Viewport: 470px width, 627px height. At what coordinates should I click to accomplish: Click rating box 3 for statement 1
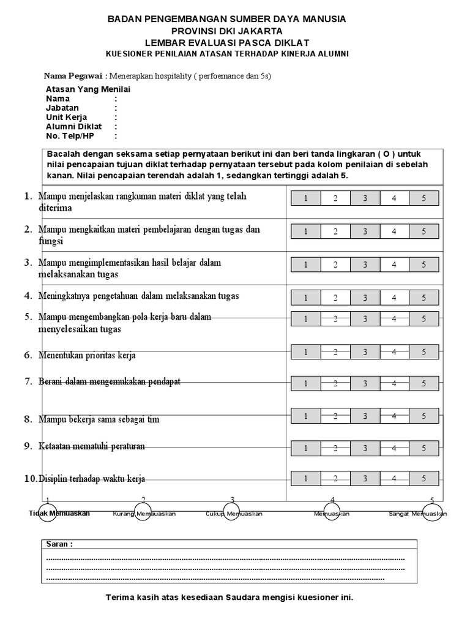(x=365, y=198)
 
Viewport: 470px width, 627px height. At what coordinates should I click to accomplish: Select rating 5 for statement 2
(x=424, y=231)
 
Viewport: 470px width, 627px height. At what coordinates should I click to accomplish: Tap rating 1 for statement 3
(x=305, y=264)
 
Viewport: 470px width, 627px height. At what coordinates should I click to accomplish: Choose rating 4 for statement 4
(x=394, y=298)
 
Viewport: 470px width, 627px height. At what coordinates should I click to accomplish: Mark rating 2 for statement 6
(x=335, y=351)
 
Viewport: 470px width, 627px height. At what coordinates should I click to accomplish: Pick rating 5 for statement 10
(x=424, y=478)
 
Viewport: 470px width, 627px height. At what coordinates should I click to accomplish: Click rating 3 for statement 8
(x=365, y=416)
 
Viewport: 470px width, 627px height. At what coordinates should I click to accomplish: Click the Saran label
(x=59, y=544)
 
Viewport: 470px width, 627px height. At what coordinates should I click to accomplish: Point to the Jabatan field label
(x=62, y=108)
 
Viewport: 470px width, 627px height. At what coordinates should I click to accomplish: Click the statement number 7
(x=28, y=381)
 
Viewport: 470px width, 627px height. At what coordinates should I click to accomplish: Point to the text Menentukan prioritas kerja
(x=87, y=355)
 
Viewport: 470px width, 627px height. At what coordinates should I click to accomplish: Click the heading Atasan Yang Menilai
(x=88, y=89)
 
